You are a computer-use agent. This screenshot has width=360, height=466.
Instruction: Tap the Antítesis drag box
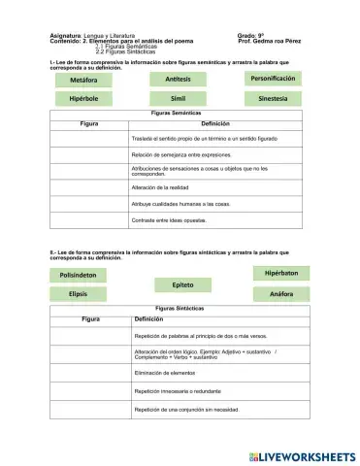coord(179,79)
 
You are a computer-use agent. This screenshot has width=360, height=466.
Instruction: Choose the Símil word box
coord(179,99)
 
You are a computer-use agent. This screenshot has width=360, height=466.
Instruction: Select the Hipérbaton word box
coord(280,274)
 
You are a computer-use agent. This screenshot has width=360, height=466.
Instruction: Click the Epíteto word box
coord(182,284)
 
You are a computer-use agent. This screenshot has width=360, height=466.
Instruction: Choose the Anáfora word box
coord(280,293)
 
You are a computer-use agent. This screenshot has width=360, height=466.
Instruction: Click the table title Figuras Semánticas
coord(179,114)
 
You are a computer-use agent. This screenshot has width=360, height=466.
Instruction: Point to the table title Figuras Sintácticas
coord(179,308)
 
